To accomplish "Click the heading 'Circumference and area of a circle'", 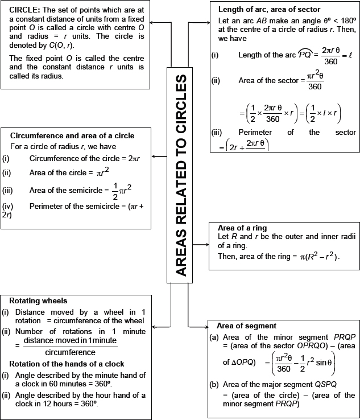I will (x=72, y=135).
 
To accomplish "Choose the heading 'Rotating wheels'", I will (x=38, y=300).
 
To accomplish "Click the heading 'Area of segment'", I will (x=247, y=326).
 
